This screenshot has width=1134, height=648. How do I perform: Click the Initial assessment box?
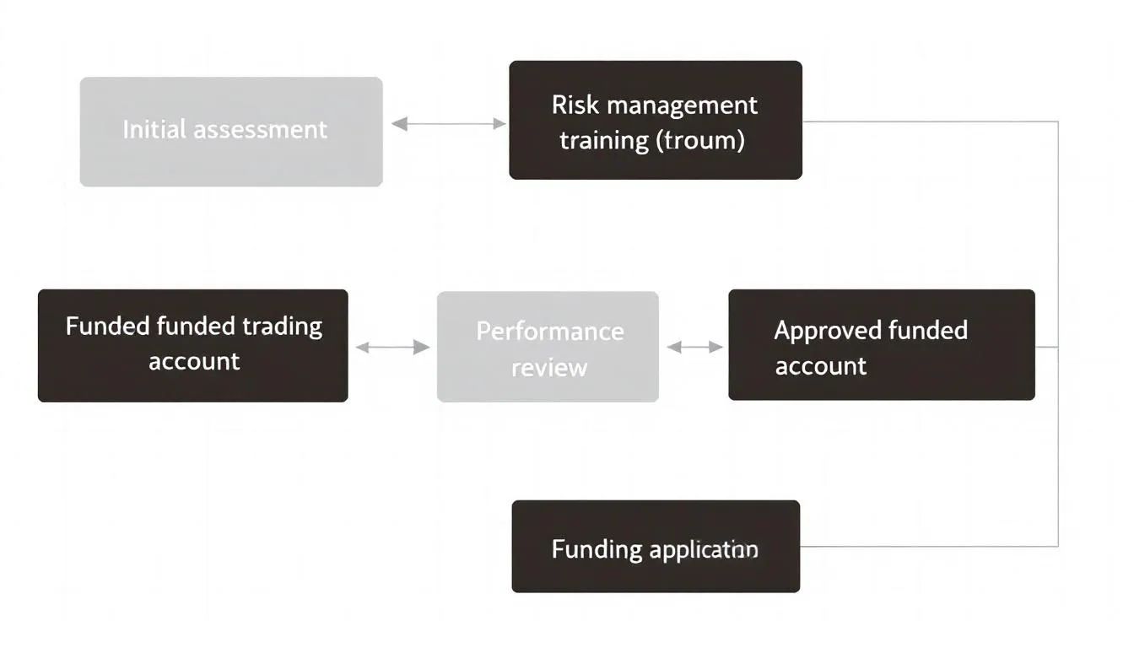pyautogui.click(x=231, y=132)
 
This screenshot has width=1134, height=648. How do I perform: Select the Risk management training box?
pyautogui.click(x=656, y=120)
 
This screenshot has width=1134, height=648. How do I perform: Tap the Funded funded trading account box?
pyautogui.click(x=193, y=345)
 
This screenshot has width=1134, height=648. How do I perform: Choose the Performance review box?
pyautogui.click(x=548, y=347)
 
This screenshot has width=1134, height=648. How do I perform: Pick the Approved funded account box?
pyautogui.click(x=882, y=344)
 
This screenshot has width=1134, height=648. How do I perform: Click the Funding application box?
pyautogui.click(x=656, y=547)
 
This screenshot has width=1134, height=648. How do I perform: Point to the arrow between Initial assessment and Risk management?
pyautogui.click(x=449, y=124)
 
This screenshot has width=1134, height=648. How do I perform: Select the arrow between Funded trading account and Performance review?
pyautogui.click(x=392, y=347)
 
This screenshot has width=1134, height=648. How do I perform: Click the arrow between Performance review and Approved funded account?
pyautogui.click(x=694, y=347)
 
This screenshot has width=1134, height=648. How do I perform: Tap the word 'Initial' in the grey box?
pyautogui.click(x=154, y=130)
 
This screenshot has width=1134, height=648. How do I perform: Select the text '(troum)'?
pyautogui.click(x=700, y=140)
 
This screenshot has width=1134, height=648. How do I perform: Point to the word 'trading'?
pyautogui.click(x=282, y=327)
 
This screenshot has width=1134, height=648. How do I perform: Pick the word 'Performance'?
pyautogui.click(x=549, y=331)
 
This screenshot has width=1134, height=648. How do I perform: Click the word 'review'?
pyautogui.click(x=548, y=368)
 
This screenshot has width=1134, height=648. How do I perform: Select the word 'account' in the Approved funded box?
pyautogui.click(x=820, y=366)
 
